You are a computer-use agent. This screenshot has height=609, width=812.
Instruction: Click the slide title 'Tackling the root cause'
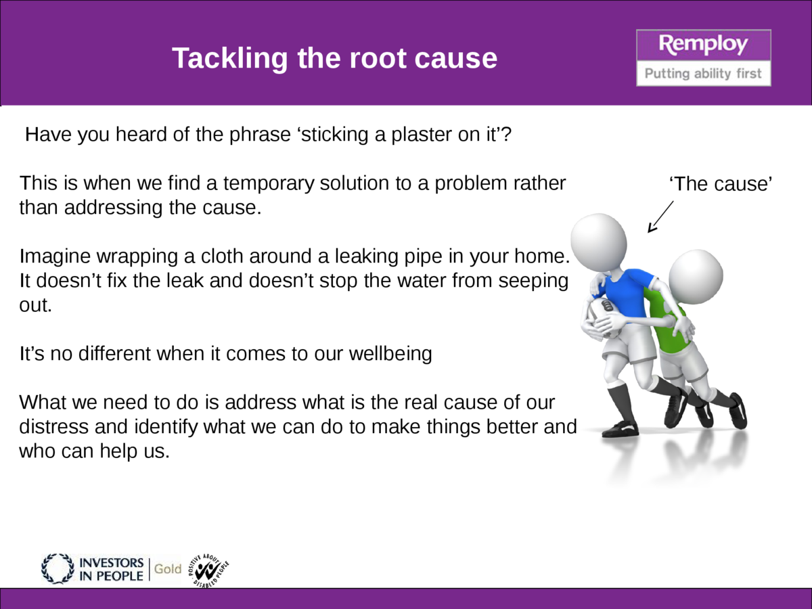coord(334,59)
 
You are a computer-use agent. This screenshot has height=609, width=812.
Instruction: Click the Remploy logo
coord(704,45)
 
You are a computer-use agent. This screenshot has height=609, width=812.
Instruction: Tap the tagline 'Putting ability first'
coord(703,73)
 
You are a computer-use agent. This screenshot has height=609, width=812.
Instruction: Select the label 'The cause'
coord(720,183)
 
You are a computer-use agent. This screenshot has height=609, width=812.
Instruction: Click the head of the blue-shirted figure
coord(599,240)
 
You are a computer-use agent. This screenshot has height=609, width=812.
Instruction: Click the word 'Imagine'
coord(56,256)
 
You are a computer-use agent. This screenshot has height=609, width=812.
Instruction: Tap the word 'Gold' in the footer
coord(167,568)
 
